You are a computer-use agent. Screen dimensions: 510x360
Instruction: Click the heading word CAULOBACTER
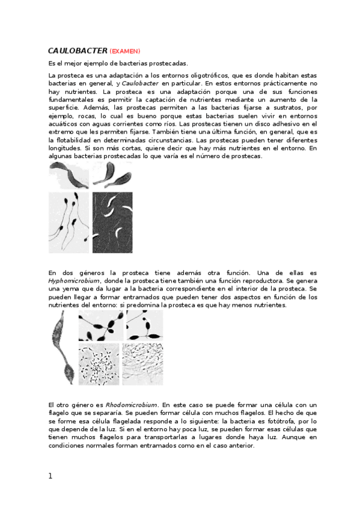point(78,51)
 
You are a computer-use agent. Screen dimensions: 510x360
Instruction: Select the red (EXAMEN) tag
point(125,52)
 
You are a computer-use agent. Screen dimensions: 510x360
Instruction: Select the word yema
point(70,289)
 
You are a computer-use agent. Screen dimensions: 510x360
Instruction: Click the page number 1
point(50,476)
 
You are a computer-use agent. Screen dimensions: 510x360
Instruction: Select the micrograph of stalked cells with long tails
point(69,223)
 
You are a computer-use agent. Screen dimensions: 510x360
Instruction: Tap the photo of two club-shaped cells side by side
point(111,175)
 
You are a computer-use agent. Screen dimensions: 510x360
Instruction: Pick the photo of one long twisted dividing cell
point(69,176)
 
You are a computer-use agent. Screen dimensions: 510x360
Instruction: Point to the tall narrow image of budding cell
point(62,348)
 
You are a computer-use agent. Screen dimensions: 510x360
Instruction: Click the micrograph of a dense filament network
point(142,364)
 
